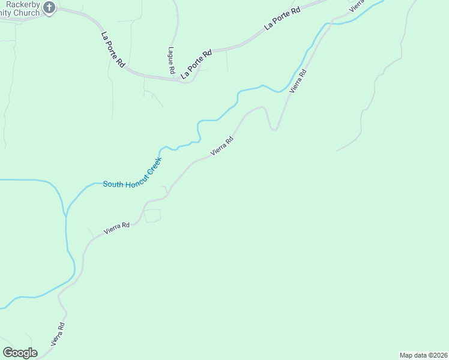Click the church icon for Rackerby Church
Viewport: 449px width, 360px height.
click(x=49, y=8)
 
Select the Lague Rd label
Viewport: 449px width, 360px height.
click(x=171, y=61)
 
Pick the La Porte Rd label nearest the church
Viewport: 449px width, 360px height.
click(x=113, y=49)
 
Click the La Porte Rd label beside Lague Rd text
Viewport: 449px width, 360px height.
click(x=197, y=64)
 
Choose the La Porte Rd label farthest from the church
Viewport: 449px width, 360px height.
click(x=282, y=18)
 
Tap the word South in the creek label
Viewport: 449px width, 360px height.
click(x=112, y=184)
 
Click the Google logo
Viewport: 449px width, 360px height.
click(x=20, y=353)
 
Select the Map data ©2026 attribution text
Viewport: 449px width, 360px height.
click(x=423, y=355)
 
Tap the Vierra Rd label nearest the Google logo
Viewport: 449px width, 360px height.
click(x=58, y=334)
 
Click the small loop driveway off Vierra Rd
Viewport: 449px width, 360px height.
click(x=153, y=215)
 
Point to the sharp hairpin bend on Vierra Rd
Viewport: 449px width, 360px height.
click(x=274, y=127)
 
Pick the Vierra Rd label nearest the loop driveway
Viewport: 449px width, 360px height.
click(x=116, y=228)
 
